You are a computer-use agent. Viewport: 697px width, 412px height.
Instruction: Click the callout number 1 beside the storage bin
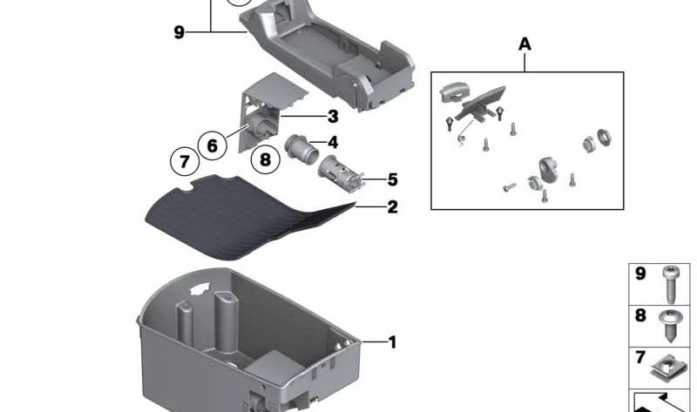(x=392, y=342)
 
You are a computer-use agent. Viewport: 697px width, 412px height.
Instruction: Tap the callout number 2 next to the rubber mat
(x=392, y=206)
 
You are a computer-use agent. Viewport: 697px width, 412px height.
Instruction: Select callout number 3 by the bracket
(x=333, y=117)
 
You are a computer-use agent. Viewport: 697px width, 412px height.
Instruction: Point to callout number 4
(x=333, y=142)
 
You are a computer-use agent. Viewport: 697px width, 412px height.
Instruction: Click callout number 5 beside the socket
(x=392, y=179)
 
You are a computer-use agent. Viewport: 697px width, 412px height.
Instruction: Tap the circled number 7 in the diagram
(x=183, y=161)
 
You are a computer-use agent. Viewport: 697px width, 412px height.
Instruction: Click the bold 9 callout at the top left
(x=179, y=32)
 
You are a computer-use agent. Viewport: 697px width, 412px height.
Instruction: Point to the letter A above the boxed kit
(x=524, y=43)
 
